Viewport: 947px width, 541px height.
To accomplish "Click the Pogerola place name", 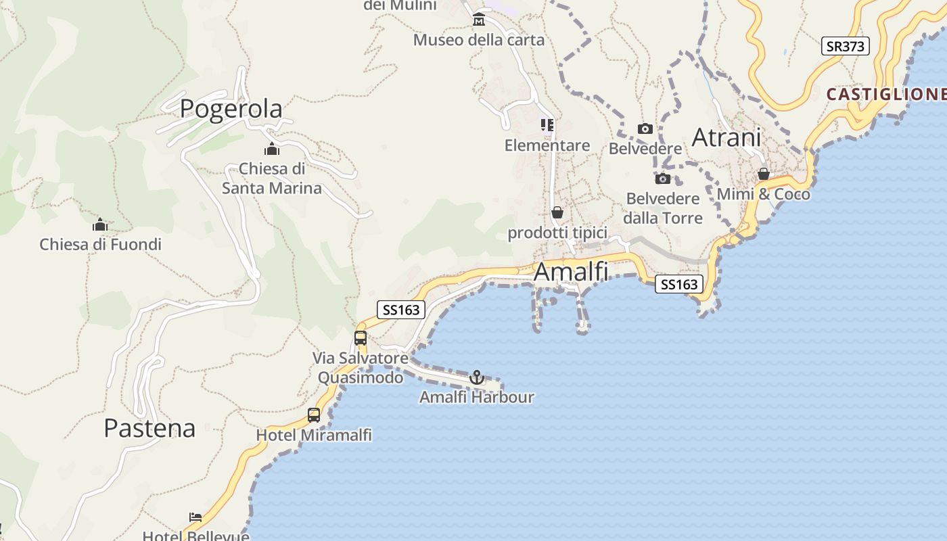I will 231,109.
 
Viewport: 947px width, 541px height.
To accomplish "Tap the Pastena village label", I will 149,428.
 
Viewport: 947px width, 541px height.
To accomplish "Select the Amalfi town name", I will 571,272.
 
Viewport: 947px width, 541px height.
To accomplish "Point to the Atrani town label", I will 726,138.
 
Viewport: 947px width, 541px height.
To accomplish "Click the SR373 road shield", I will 845,46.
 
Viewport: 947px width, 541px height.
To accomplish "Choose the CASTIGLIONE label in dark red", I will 886,94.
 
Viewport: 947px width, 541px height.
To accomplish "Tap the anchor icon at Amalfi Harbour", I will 477,377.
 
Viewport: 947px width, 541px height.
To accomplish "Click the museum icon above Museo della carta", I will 479,19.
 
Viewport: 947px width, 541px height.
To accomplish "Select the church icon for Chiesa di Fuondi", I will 100,225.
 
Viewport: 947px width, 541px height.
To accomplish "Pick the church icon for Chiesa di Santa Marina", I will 272,149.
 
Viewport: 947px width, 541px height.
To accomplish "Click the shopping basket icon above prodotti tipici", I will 557,213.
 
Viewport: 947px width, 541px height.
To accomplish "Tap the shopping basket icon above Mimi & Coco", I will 764,174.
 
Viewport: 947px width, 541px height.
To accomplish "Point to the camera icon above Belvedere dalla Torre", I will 663,179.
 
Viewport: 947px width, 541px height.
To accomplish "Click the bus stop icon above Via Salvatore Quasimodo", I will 361,338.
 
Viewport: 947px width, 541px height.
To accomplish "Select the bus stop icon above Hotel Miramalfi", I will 314,415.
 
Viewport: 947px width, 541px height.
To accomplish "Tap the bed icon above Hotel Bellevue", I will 195,517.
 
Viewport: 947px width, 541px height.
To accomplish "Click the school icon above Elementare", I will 547,125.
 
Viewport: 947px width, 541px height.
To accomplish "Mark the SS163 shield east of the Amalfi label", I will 678,285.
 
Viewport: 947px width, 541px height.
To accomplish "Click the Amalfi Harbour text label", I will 477,398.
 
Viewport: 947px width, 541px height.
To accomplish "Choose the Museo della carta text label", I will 479,41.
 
